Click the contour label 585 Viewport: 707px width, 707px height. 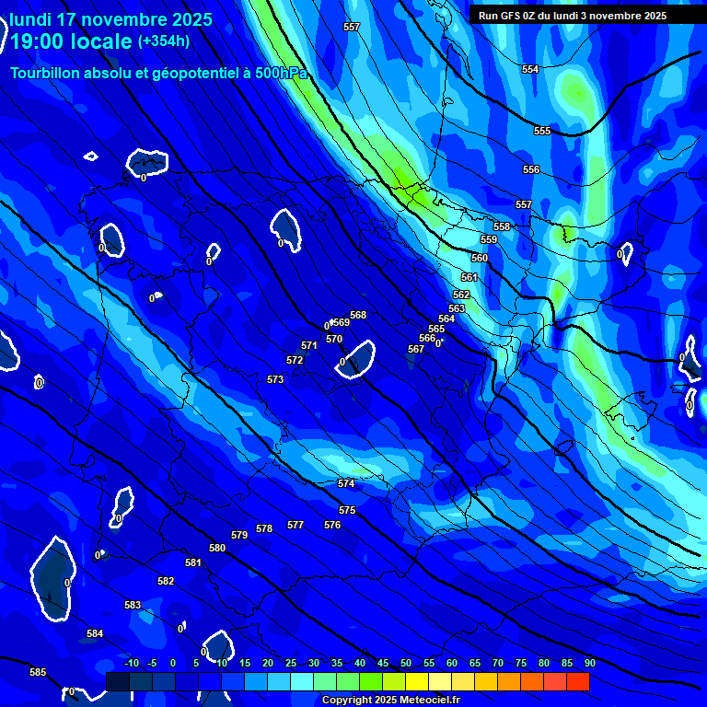pyautogui.click(x=38, y=673)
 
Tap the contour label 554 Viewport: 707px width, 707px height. pyautogui.click(x=530, y=70)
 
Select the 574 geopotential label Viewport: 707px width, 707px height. pyautogui.click(x=346, y=483)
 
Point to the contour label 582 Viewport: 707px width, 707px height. pyautogui.click(x=166, y=581)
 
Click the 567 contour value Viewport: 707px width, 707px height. pyautogui.click(x=416, y=350)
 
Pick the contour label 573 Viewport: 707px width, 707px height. pyautogui.click(x=275, y=379)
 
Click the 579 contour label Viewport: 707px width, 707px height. pyautogui.click(x=239, y=535)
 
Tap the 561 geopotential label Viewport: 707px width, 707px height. pyautogui.click(x=469, y=277)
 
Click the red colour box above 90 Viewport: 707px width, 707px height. pyautogui.click(x=577, y=681)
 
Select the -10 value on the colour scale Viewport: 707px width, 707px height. pyautogui.click(x=131, y=664)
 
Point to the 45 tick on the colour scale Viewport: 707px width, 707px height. pyautogui.click(x=383, y=664)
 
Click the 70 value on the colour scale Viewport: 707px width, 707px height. pyautogui.click(x=498, y=664)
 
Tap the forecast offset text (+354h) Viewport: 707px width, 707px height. pyautogui.click(x=164, y=41)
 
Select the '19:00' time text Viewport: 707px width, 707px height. pyautogui.click(x=36, y=41)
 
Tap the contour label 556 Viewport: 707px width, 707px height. pyautogui.click(x=531, y=170)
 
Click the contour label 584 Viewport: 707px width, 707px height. pyautogui.click(x=95, y=634)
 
